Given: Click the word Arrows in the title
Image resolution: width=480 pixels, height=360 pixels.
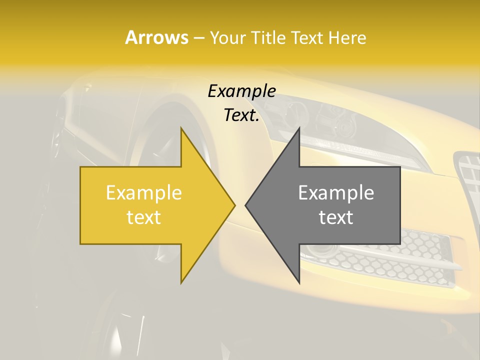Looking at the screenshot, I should coord(156,37).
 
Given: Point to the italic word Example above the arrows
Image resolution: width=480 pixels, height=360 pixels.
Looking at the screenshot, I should coord(241,91).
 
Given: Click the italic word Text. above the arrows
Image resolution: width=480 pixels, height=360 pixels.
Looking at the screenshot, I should coord(241,115).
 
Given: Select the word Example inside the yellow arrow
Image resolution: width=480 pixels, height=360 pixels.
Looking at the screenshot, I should coord(143,193).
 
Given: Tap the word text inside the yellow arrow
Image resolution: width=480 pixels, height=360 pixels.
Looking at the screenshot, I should coord(143,217).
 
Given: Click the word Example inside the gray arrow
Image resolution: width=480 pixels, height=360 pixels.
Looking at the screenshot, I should coord(336,193).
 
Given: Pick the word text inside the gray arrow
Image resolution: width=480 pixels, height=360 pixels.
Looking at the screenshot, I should coord(336,217).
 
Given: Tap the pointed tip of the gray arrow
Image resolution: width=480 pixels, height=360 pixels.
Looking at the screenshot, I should coord(246,205).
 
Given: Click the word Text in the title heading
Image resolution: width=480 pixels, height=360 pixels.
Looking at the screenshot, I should coord(307,38).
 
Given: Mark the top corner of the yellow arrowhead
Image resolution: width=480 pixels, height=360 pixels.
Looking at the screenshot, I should coord(181,127).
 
